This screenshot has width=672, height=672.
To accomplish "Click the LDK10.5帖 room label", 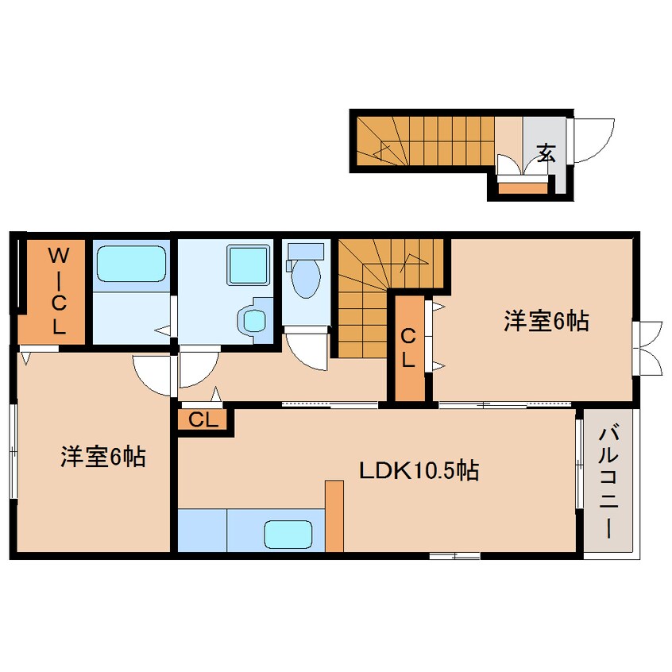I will click(419, 471).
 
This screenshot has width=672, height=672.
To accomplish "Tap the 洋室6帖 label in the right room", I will click(545, 322).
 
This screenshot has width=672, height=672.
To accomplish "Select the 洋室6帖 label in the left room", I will click(103, 458).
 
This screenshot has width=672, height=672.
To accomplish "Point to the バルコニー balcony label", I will click(609, 483).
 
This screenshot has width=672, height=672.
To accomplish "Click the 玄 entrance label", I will click(545, 153).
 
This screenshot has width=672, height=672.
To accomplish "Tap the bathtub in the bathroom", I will click(131, 264).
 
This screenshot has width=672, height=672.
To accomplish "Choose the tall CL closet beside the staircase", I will click(408, 347).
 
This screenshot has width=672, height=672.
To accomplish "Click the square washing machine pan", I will click(247, 264).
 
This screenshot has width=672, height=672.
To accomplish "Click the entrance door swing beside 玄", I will click(593, 140).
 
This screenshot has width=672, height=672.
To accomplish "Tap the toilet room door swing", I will click(307, 350).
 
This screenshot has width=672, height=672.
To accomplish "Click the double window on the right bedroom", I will click(649, 348).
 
